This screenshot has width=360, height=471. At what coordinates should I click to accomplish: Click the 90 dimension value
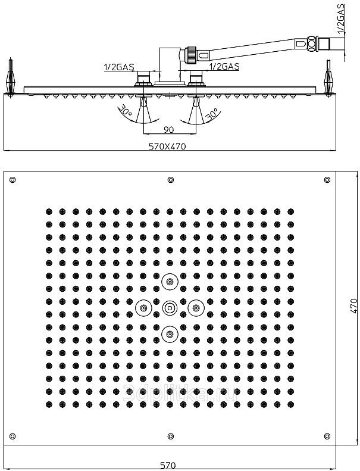tap(168, 129)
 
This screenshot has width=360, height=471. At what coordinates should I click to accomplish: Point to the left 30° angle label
tap(125, 111)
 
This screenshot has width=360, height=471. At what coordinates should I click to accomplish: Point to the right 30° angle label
tap(210, 113)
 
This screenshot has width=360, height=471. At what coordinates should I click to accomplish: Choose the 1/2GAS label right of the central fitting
tap(224, 67)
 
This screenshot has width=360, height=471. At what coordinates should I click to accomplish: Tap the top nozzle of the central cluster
tap(170, 281)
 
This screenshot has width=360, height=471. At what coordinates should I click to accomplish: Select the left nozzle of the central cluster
tap(143, 308)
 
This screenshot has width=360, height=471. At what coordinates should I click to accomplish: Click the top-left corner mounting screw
tap(13, 180)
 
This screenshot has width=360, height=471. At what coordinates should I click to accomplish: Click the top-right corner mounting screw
tap(327, 180)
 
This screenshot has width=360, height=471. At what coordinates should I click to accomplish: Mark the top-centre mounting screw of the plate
tap(170, 180)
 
